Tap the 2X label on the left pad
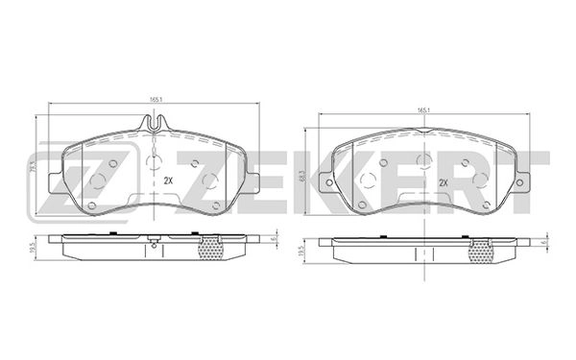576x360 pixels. [x=167, y=180]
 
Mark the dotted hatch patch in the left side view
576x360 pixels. [x=210, y=248]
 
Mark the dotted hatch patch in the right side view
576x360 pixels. [x=480, y=251]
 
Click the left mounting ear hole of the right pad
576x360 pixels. [x=330, y=182]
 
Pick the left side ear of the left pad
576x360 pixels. [x=56, y=180]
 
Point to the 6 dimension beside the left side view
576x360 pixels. [x=273, y=239]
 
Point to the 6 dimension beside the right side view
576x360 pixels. [x=544, y=242]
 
